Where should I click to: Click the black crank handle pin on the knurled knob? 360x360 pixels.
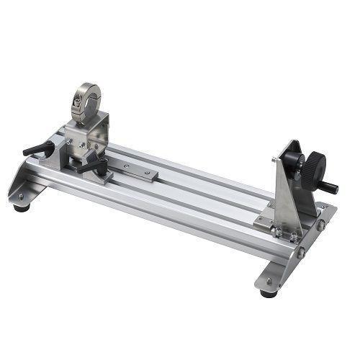click(328, 189)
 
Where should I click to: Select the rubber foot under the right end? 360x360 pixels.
click(269, 292)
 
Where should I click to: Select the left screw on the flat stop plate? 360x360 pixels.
click(127, 166)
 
